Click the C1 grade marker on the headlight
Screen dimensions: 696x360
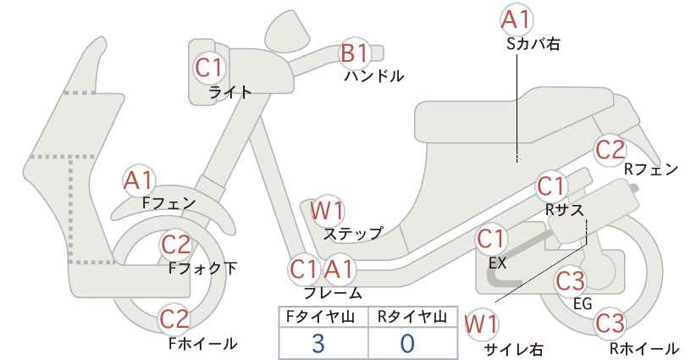208,68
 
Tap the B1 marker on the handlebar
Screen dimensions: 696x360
355,53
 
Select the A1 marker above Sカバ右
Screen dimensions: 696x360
516,20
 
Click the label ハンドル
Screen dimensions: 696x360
374,76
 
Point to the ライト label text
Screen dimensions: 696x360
230,92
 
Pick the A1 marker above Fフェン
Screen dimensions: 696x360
139,181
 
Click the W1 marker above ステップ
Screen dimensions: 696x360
327,210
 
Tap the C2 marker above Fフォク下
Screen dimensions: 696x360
176,245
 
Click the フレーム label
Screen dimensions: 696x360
333,293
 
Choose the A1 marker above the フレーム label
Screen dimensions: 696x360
340,269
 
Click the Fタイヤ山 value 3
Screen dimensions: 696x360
318,344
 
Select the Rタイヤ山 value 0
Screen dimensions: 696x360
407,344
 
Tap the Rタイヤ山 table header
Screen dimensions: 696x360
412,317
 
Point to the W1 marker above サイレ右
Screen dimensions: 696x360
481,324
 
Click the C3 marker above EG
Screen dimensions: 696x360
571,281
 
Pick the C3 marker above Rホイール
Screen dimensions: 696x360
610,324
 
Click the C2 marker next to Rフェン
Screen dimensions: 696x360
610,150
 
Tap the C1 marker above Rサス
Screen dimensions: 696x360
550,187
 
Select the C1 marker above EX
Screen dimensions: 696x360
490,240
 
